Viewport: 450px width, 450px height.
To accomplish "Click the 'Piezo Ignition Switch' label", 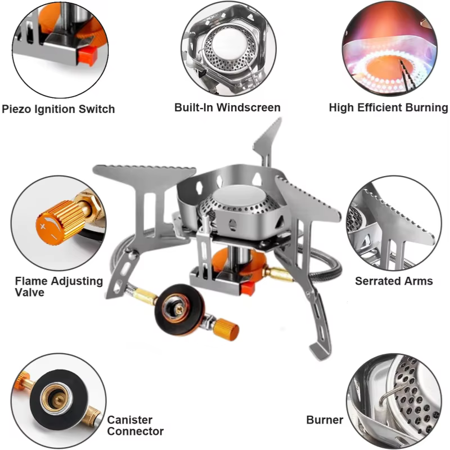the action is point(58,109).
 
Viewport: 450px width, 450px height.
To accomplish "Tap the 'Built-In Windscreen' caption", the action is point(227,107).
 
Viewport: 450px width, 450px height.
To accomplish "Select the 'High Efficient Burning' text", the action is point(388,107).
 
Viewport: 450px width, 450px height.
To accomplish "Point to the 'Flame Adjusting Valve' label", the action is point(59,286).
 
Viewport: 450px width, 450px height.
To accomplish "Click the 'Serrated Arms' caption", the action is point(394,281).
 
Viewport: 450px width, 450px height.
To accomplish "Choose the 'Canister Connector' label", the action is point(135,425).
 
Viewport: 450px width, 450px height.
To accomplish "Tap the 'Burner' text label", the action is point(325,420).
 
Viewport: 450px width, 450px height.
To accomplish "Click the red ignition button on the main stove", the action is point(247,289).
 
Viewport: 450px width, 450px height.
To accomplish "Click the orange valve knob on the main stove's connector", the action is point(227,330).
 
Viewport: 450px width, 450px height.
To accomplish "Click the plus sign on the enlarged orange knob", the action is point(43,227).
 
